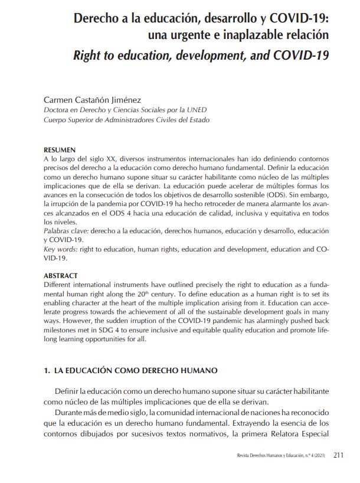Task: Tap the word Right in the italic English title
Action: click(89, 56)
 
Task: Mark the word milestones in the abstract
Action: click(63, 331)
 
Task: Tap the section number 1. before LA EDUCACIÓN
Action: click(47, 371)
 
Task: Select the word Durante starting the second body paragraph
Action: click(68, 412)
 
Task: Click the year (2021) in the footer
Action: click(318, 455)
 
